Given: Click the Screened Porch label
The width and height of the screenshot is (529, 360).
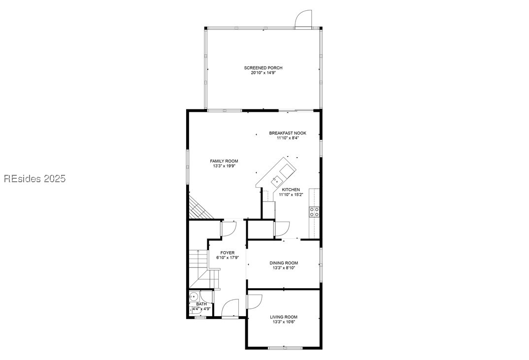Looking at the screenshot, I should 263,68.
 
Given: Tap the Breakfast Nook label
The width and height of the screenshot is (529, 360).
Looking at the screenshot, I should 288,133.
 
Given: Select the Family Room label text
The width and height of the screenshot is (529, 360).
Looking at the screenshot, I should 224,161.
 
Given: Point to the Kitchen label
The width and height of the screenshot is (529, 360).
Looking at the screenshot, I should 291,190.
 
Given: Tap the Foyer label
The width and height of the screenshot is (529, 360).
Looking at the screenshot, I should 227,253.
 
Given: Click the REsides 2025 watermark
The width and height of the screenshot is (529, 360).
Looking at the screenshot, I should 34,179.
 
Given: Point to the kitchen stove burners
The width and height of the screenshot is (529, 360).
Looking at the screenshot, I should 314,212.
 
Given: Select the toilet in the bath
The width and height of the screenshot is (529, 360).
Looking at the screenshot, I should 194,297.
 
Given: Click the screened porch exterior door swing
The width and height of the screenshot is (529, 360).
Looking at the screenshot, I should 303,19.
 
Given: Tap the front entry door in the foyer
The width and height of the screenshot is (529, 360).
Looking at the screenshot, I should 230,309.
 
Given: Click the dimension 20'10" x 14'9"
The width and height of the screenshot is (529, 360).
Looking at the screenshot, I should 263,73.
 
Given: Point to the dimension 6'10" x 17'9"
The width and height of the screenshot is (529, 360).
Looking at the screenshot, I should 227,258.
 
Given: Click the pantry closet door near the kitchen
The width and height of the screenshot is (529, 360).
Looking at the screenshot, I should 282,229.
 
